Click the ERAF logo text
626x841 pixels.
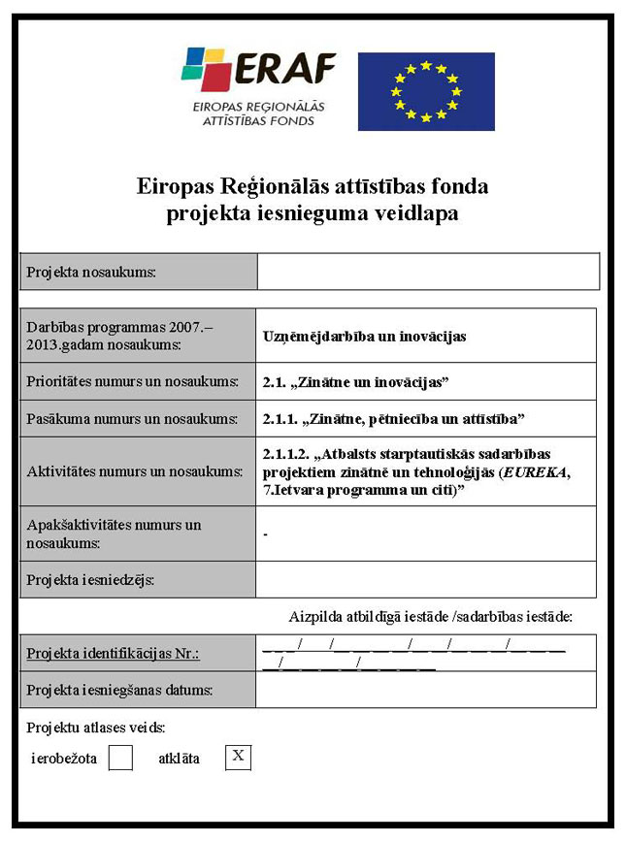point(283,68)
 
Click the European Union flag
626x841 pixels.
point(425,91)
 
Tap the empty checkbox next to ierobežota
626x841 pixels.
point(120,758)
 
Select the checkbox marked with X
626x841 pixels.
point(238,757)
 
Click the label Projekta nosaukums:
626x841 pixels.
point(91,273)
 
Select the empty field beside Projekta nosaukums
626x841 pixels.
point(427,272)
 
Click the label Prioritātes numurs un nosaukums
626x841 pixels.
point(133,382)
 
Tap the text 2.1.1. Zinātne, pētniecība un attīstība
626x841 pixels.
point(393,419)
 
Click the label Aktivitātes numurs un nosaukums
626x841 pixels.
point(135,472)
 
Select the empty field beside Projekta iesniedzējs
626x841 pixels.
point(426,580)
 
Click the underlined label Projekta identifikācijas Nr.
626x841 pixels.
point(113,654)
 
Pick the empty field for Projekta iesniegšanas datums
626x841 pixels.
point(426,690)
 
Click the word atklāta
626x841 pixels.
point(179,759)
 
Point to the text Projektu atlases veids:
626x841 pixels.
point(96,728)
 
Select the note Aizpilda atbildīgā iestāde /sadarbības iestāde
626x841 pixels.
point(431,616)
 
